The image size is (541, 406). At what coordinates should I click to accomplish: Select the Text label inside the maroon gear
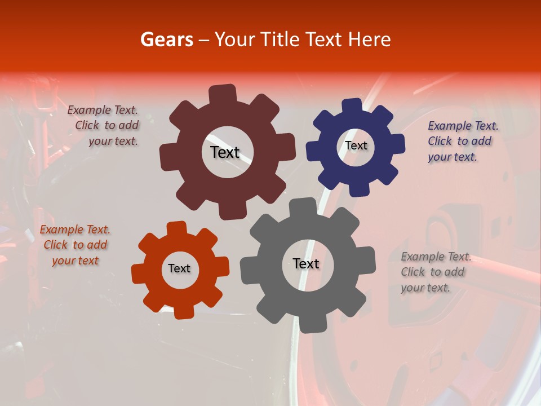tap(225, 152)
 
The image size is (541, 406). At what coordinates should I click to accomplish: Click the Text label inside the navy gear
tap(356, 145)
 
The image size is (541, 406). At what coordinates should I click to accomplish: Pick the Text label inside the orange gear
tap(179, 268)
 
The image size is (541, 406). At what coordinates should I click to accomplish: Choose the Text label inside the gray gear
tap(306, 263)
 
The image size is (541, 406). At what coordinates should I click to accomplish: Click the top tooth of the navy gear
tap(352, 106)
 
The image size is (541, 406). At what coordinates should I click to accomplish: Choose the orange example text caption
tap(76, 245)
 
